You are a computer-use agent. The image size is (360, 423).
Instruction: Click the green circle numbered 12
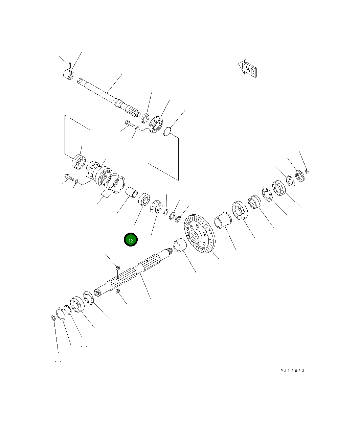tap(131, 240)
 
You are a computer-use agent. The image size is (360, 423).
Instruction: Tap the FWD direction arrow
tap(248, 69)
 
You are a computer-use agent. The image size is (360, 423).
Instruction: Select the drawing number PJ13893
tap(292, 371)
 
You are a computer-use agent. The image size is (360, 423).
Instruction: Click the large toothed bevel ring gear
tap(199, 234)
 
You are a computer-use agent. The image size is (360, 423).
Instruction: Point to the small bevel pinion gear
tap(156, 206)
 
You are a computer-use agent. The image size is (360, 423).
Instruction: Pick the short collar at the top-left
tap(69, 74)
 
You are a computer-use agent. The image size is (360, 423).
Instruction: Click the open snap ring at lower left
tap(61, 313)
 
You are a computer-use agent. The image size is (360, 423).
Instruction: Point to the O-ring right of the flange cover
tap(167, 131)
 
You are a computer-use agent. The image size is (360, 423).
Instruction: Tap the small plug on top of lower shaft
tap(118, 268)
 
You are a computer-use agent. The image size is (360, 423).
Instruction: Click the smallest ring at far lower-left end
tap(53, 318)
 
